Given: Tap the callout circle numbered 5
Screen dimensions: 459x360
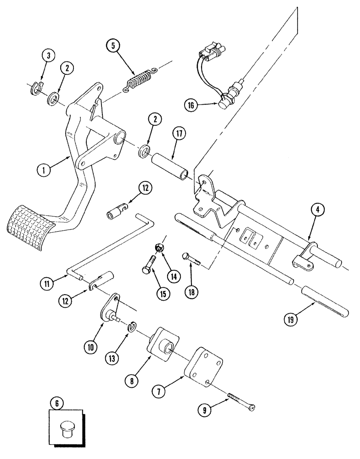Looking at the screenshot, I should [112, 46].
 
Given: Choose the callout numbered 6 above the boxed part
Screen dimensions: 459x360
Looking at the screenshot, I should [56, 404].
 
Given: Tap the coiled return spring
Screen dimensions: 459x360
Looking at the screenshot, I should [141, 80].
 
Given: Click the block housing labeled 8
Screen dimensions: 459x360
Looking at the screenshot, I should [163, 340].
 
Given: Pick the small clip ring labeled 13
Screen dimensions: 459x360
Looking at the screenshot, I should [131, 326].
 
